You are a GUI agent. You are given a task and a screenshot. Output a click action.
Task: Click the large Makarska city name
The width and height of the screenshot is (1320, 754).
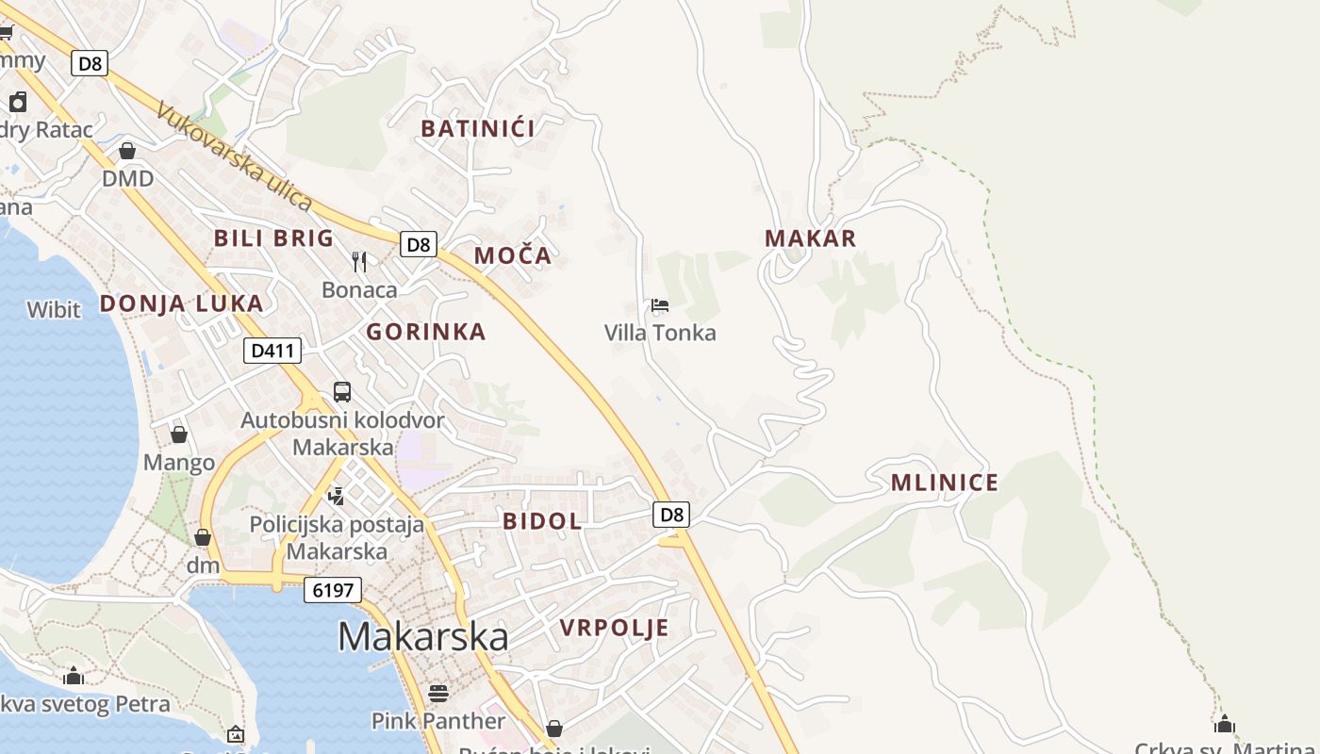423,637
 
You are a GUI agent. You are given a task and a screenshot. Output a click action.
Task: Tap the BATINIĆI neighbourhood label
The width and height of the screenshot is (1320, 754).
478,129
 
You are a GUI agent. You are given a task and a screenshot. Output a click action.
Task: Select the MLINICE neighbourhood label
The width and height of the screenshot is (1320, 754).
945,484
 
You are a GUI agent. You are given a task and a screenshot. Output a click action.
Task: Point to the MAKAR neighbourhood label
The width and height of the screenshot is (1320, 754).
811,238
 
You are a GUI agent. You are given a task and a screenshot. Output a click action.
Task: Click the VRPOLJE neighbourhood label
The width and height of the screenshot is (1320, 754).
614,629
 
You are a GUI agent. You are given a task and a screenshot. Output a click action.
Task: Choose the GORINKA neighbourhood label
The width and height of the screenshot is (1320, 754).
426,332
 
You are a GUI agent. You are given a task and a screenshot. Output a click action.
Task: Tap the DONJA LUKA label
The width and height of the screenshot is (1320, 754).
182,303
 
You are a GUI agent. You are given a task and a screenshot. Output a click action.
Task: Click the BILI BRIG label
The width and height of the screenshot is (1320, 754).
274,238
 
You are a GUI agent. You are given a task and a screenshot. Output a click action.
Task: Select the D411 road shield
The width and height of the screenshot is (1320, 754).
272,352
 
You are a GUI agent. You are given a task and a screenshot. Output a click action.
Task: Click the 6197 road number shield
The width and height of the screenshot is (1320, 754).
333,591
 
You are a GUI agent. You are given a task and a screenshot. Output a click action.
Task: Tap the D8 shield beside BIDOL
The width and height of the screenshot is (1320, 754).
671,515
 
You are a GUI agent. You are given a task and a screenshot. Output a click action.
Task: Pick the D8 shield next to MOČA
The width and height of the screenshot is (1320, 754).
419,245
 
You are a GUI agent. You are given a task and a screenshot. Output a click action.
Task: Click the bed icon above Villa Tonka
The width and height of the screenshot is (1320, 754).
660,305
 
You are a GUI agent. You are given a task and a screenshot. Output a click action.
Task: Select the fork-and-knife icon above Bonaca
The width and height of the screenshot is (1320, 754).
359,261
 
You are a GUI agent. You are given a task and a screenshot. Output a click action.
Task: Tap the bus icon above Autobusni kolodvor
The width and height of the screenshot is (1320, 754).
342,392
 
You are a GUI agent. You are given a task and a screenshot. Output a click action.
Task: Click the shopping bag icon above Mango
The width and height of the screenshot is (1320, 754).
179,434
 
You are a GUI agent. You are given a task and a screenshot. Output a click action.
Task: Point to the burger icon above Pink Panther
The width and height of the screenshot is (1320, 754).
438,694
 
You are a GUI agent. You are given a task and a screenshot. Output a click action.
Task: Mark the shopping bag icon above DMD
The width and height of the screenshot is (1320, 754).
127,151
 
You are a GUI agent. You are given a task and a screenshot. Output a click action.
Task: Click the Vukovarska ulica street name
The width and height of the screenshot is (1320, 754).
233,156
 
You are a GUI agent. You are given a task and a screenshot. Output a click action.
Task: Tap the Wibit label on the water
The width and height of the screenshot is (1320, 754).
54,309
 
